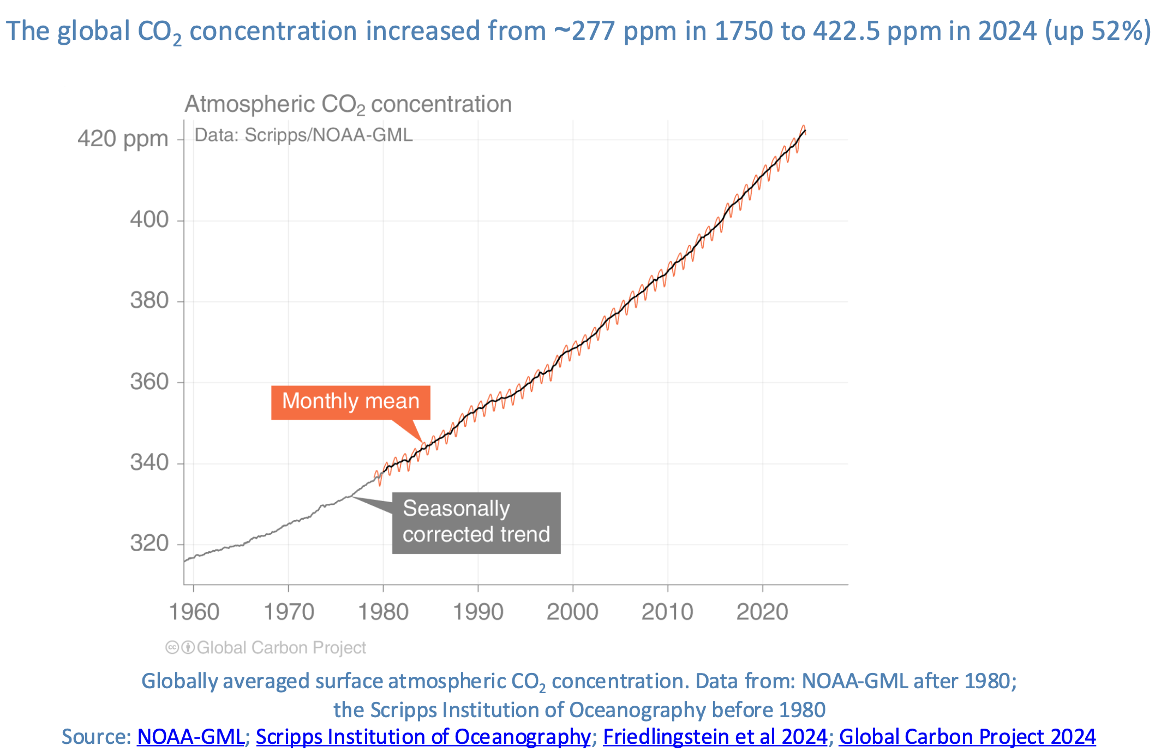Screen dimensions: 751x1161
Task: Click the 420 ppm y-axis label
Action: (x=123, y=139)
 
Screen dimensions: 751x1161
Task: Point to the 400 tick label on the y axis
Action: (x=149, y=220)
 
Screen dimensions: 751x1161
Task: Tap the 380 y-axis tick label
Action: (x=149, y=301)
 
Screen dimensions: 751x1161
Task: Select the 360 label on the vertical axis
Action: (x=149, y=382)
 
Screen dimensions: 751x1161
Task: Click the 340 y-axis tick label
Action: (x=149, y=463)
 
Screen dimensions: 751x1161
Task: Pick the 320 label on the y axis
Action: (x=149, y=544)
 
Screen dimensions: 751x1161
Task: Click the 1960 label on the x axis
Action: (x=194, y=612)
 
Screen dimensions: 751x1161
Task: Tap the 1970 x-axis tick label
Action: (x=289, y=612)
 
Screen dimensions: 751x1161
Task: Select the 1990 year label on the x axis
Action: (x=478, y=612)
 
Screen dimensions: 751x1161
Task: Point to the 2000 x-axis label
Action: (x=572, y=612)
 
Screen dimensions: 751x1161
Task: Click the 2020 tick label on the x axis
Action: (x=762, y=612)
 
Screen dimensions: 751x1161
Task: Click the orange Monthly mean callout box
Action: (x=351, y=402)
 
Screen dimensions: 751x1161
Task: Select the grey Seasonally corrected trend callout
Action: (x=476, y=522)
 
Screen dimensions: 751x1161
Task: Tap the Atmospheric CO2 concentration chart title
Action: (x=348, y=104)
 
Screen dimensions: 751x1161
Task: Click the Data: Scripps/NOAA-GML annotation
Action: (x=303, y=135)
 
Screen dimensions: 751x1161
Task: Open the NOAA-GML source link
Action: (x=190, y=737)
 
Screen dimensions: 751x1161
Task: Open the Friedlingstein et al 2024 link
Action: (x=715, y=737)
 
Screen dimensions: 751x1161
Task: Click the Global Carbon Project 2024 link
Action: (x=967, y=737)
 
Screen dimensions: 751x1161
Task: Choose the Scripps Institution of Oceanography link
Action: (x=423, y=737)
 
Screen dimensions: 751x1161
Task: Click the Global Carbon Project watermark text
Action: (x=281, y=648)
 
